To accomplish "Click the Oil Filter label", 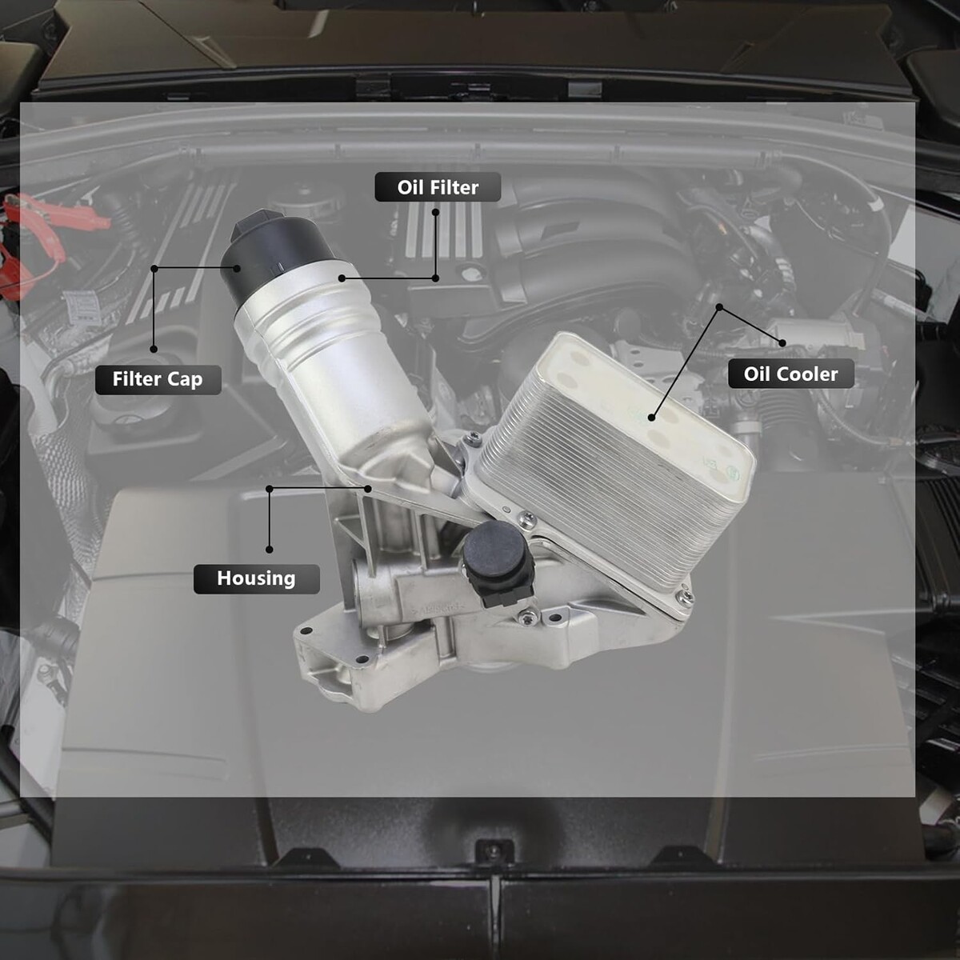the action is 438,187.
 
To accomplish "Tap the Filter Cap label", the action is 158,379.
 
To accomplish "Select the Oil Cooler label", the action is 790,374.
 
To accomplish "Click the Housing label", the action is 257,578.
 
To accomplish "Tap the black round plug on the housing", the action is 496,562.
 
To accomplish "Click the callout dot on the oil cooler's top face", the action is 652,418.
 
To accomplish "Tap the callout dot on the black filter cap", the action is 237,268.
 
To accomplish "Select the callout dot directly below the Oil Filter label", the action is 435,212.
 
